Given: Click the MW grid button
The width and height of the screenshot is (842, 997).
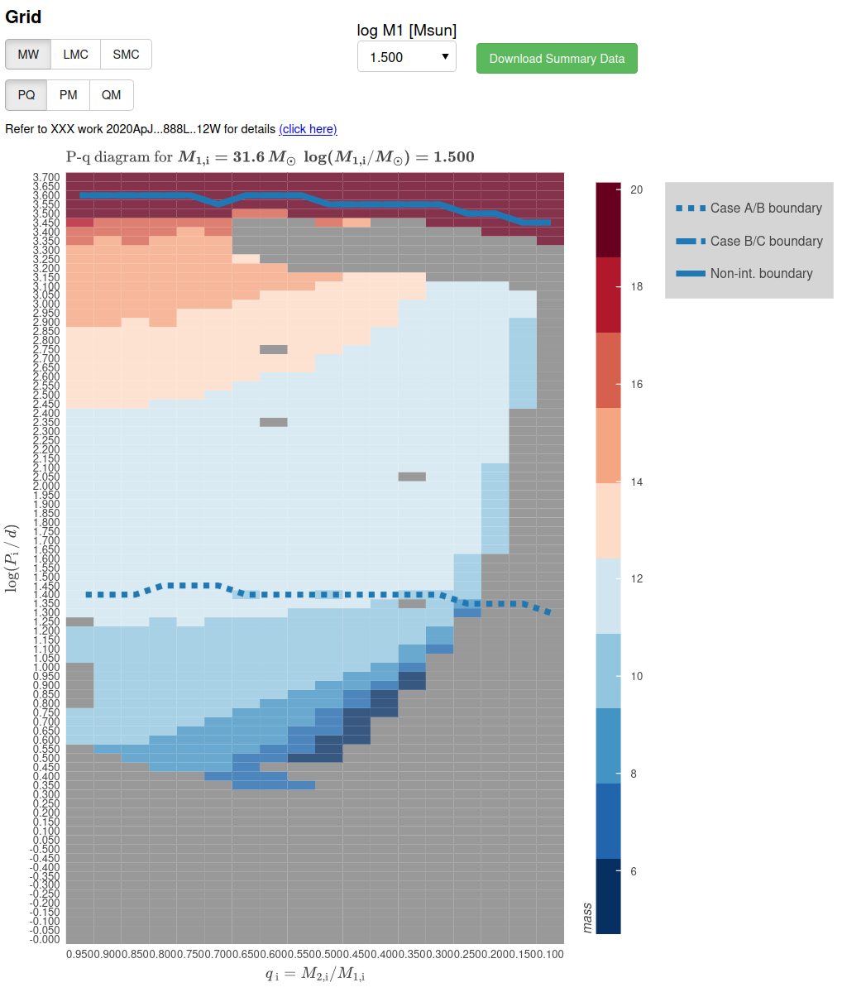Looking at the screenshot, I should coord(28,55).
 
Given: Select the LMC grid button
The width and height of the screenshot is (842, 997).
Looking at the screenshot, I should coord(75,55).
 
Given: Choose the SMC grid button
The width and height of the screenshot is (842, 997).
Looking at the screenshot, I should coord(126,55).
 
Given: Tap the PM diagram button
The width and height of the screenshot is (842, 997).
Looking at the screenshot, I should coord(68,95).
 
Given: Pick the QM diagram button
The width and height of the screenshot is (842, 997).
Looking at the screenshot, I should coord(111,95).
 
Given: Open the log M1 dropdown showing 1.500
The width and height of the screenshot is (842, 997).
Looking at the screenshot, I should coord(406,57).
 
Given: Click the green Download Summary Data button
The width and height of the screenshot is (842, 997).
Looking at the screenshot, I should coord(557,59).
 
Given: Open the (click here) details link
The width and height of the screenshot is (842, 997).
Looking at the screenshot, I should coord(308,129).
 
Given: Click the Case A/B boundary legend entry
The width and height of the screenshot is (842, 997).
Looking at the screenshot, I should coord(749,209).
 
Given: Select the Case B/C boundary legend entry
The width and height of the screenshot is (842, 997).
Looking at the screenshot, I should coord(749,242).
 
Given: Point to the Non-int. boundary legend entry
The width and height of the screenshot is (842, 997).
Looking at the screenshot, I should coord(744,274).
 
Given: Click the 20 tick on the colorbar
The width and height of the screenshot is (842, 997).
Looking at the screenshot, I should coord(636,189).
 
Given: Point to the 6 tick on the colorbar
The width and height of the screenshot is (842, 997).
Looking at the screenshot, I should coord(634,871).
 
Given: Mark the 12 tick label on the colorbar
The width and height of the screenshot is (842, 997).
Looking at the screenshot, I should coord(636,578).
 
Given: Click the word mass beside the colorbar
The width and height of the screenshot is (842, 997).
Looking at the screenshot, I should coord(587,918).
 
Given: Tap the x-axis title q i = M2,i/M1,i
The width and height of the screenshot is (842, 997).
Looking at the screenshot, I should coord(315,974).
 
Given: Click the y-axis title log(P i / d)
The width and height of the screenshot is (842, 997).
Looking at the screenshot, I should coord(12,558).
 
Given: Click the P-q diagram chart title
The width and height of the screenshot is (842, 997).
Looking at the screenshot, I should coord(270,157).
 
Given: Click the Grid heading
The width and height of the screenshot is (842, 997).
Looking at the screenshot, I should coord(23,17).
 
